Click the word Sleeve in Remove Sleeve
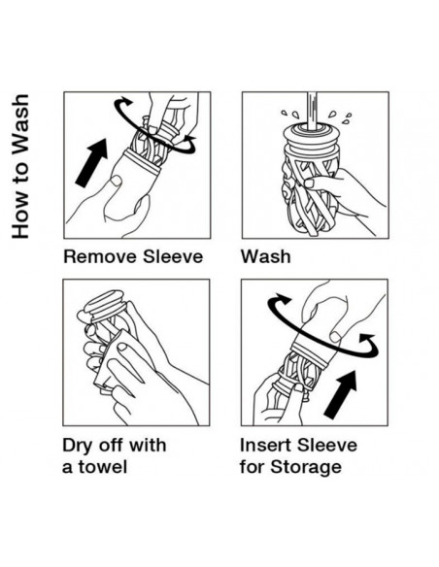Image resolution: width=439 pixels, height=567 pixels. click(x=173, y=256)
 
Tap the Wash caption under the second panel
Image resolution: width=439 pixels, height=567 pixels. click(x=266, y=256)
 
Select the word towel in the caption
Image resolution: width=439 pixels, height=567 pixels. click(x=103, y=466)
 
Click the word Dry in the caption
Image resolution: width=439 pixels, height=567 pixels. click(x=78, y=446)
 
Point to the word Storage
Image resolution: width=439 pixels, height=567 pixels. click(x=306, y=467)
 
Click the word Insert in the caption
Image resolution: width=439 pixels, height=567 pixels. click(x=265, y=445)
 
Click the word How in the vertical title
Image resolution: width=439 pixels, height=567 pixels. click(x=20, y=218)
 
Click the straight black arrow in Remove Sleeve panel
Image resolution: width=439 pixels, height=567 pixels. click(x=92, y=162)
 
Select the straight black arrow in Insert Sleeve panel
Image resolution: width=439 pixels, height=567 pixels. click(x=341, y=394)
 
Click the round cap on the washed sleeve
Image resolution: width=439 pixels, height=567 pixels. click(x=313, y=135)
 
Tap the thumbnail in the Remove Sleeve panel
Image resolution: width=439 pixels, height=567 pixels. click(x=116, y=181)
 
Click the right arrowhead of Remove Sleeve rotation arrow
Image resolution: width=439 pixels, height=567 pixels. click(x=188, y=138)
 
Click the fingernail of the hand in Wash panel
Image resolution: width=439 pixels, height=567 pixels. click(x=309, y=183)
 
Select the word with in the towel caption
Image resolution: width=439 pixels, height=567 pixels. click(x=148, y=445)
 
